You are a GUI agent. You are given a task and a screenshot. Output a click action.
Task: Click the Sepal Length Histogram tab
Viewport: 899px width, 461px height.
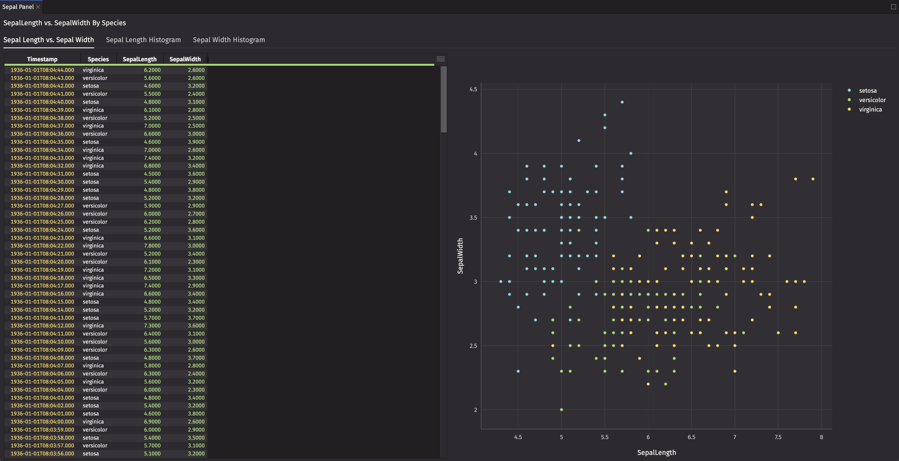point(143,40)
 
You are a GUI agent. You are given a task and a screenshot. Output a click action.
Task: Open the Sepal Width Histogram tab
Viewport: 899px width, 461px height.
point(228,40)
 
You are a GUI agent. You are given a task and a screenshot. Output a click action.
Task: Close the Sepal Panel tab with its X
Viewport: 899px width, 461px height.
point(38,7)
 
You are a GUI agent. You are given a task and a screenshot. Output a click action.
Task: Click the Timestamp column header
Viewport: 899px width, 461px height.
point(42,59)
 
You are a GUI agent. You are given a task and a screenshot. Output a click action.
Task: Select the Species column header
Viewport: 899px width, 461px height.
point(98,59)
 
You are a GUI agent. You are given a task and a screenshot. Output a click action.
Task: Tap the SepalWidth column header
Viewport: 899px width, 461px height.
point(185,59)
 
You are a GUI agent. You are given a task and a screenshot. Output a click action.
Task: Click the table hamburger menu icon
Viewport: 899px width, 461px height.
point(440,59)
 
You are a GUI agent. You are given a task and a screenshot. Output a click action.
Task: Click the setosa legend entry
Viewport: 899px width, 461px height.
point(867,91)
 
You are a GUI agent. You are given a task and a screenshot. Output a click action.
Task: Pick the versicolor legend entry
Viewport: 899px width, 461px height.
point(872,100)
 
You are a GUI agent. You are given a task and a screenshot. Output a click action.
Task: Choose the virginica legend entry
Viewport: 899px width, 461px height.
point(870,110)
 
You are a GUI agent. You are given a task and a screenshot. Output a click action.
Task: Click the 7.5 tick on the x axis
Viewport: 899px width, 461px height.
point(778,437)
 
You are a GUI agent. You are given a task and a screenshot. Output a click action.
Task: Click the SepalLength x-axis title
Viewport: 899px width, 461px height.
point(656,453)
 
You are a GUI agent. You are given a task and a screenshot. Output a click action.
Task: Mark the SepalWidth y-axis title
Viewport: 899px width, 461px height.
point(460,256)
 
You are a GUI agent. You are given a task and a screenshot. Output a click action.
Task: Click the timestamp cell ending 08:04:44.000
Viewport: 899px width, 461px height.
point(42,70)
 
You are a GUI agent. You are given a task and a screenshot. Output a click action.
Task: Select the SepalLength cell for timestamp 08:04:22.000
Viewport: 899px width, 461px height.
point(152,246)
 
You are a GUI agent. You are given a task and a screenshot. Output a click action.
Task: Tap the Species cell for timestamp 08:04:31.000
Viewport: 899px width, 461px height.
point(91,174)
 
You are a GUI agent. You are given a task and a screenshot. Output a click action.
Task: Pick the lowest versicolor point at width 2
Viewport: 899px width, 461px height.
point(561,410)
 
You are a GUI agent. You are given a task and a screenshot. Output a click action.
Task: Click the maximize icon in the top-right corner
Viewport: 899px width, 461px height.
point(893,7)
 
